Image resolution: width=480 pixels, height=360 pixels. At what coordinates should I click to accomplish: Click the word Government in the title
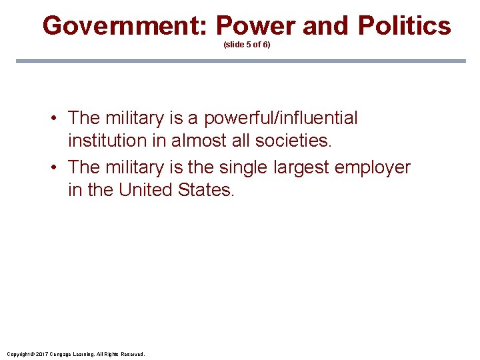125,26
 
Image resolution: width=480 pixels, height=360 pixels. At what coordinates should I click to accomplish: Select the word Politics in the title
404,26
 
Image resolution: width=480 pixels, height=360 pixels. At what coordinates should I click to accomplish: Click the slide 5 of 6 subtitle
247,45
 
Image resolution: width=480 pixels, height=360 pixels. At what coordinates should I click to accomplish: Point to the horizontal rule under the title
240,61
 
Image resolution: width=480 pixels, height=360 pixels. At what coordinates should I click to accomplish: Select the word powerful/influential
281,118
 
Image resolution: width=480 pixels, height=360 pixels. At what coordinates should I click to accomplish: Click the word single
245,167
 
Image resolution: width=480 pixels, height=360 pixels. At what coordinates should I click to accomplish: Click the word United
146,189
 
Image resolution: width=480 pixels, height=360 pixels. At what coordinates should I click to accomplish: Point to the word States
207,189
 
